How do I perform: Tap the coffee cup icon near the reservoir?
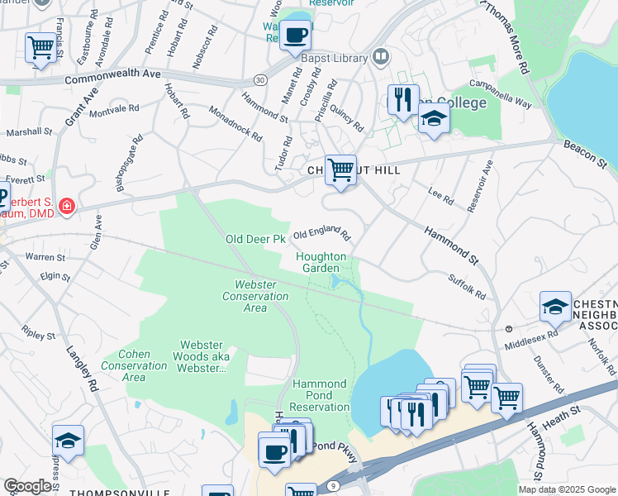point(295,36)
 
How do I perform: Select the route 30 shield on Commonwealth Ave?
point(260,79)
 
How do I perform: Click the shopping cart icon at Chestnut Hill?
point(340,170)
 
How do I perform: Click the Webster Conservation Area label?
point(256,296)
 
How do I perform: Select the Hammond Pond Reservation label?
point(321,395)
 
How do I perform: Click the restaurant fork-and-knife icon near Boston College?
point(403,100)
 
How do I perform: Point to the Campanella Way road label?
point(500,95)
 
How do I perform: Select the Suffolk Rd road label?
point(468,287)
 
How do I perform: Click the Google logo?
point(28,487)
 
